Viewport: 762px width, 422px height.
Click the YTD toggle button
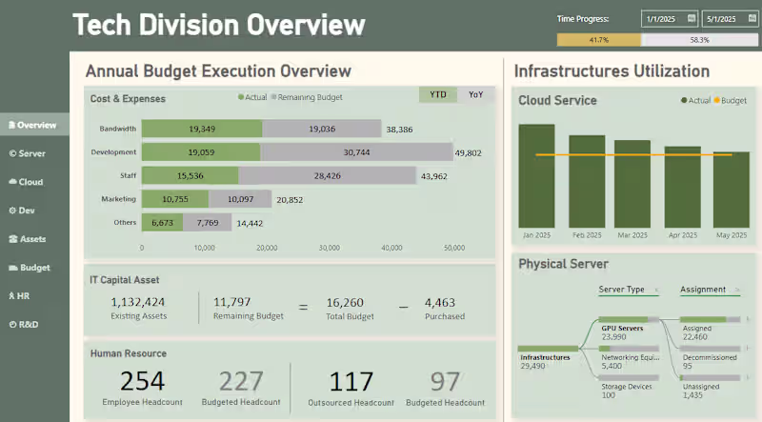pos(438,94)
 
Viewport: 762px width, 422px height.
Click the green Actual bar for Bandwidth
pos(202,129)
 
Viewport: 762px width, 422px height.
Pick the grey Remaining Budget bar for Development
pos(356,152)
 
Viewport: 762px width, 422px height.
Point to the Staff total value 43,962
pos(434,175)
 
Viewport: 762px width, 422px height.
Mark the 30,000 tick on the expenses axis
pos(329,248)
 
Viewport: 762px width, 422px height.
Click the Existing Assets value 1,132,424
pos(139,302)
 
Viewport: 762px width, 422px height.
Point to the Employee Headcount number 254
pos(143,381)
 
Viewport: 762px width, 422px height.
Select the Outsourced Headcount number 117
pos(351,381)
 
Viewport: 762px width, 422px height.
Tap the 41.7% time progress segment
pos(599,40)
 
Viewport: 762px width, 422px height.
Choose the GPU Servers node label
pos(623,329)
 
